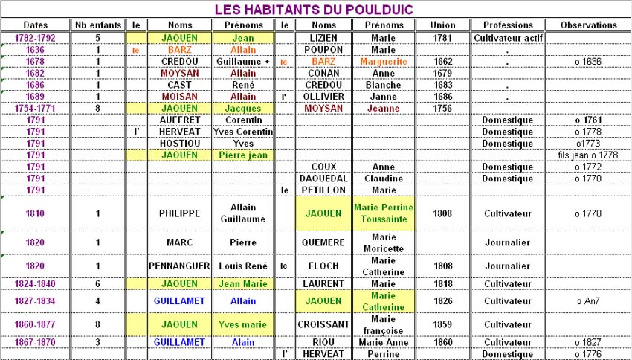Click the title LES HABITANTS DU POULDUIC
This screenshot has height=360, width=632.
point(315,10)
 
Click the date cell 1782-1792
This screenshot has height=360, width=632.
point(35,37)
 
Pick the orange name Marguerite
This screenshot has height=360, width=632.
point(383,61)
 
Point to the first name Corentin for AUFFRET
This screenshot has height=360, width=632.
point(243,120)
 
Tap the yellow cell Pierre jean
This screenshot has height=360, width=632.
point(243,155)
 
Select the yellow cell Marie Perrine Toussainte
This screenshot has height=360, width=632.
point(383,213)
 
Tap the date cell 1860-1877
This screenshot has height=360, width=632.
point(35,324)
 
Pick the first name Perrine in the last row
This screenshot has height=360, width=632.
point(383,353)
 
